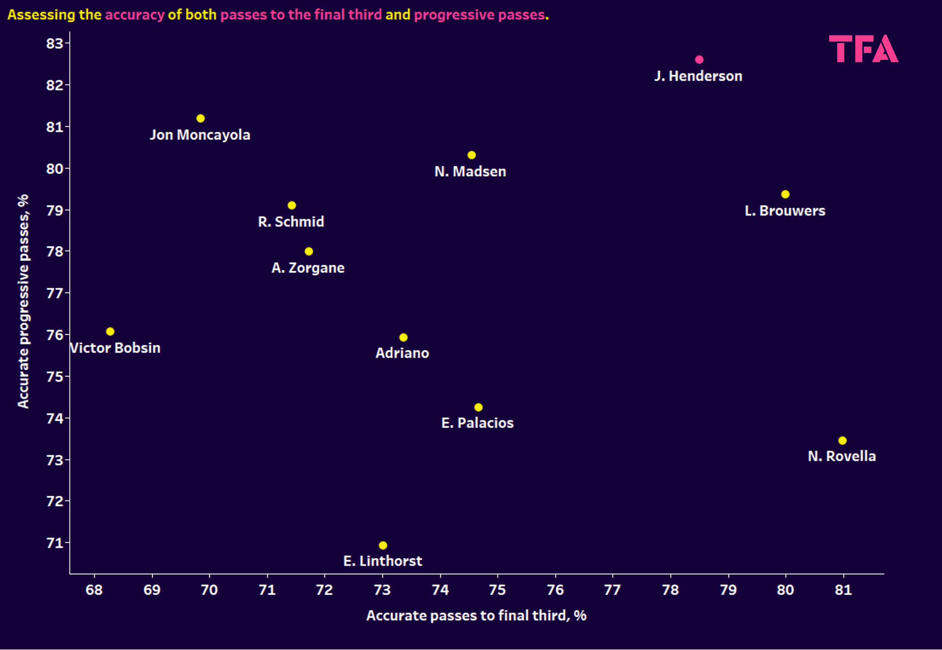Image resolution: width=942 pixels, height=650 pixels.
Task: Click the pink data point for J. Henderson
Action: click(699, 60)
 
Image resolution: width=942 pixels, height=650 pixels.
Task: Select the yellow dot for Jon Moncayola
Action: click(200, 119)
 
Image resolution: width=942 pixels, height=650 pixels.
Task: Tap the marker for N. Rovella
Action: click(842, 441)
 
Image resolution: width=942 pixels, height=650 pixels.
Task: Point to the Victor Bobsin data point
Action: click(110, 331)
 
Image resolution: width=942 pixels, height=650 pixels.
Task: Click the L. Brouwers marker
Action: click(785, 194)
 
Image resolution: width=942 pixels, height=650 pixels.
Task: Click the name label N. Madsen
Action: click(470, 171)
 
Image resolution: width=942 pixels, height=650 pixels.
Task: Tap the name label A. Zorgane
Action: click(308, 268)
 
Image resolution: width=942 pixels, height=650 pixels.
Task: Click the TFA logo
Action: click(863, 49)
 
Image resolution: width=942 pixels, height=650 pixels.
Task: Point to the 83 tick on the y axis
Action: click(54, 43)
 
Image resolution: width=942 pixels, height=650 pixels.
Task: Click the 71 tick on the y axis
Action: click(54, 543)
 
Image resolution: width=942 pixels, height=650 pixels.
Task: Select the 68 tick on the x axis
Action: click(94, 590)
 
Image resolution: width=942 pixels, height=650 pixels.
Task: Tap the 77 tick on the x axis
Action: click(612, 590)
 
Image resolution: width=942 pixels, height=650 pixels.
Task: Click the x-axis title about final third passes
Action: click(476, 615)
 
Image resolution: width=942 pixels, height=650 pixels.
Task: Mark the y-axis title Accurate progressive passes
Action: click(23, 301)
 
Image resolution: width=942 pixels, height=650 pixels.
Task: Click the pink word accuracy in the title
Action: click(134, 15)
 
